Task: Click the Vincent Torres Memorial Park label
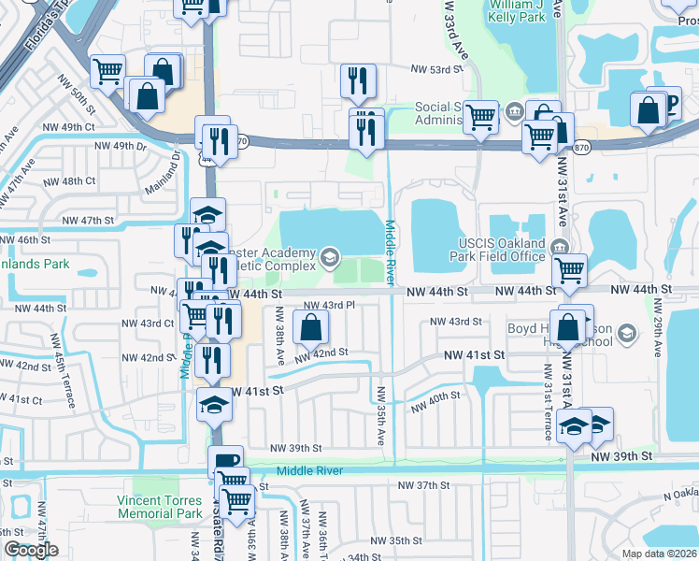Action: (x=160, y=507)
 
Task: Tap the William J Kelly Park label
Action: (x=516, y=10)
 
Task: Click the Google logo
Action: (x=31, y=549)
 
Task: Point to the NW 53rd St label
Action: (x=438, y=69)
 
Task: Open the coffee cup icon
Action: (x=226, y=462)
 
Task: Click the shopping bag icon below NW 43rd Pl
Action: (x=311, y=327)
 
